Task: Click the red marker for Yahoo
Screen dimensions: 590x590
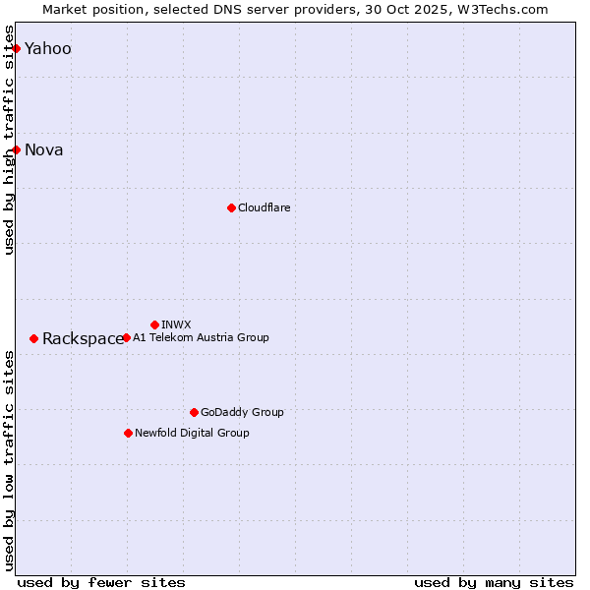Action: (16, 48)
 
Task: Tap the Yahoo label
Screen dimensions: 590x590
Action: (47, 49)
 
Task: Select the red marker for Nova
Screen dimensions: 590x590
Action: (16, 149)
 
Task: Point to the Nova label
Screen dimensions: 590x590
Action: (43, 150)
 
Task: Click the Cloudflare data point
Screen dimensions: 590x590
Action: (231, 207)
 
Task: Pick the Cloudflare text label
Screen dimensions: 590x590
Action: (264, 207)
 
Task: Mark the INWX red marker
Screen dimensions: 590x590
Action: (154, 324)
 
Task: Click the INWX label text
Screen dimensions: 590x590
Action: (176, 324)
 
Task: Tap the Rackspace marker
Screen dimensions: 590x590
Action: (33, 338)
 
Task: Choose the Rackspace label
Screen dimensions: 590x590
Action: (83, 339)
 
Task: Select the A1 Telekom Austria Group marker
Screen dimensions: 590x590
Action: (126, 337)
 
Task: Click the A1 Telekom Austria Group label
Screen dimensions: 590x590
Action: (201, 337)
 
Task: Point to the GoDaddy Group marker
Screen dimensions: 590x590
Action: (194, 412)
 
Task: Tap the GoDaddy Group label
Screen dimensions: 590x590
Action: (242, 412)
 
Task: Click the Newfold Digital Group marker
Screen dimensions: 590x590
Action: (128, 433)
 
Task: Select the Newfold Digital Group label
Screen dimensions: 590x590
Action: (192, 433)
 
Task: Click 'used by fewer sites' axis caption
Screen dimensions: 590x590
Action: (101, 582)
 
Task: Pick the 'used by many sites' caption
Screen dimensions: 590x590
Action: (494, 582)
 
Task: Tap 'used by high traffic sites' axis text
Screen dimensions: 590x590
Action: (10, 140)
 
